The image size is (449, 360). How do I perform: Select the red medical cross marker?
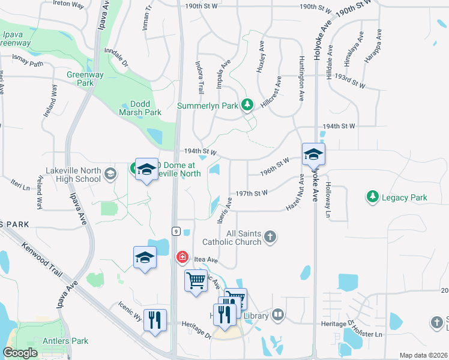181,257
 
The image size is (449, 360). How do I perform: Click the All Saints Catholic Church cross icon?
270,236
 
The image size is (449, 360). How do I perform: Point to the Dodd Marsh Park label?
140,108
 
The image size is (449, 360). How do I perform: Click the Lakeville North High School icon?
110,174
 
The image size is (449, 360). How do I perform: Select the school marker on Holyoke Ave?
313,155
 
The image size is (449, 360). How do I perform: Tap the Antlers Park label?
66,341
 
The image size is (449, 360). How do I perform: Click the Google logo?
20,353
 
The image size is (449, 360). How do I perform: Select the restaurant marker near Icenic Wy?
155,320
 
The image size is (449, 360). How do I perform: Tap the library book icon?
278,314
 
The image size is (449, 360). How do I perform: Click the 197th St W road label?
252,194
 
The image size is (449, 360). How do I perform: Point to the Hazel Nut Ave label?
295,190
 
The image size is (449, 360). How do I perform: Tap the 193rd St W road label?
351,82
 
